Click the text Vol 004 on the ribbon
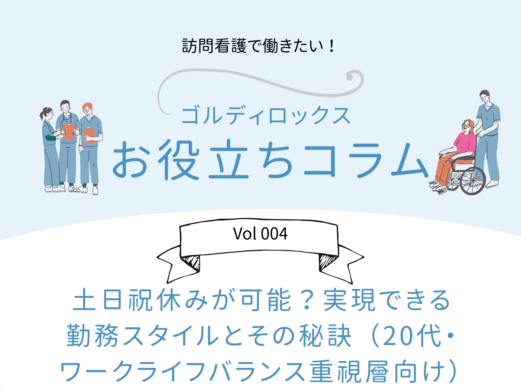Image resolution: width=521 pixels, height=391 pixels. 260,234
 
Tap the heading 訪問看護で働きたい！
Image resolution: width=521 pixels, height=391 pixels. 258,46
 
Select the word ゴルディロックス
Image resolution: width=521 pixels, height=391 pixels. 266,116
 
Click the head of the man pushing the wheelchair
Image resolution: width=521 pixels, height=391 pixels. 484,97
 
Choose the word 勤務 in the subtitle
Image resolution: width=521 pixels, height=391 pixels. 92,336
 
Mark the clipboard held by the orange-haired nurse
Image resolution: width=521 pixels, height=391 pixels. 89,135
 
